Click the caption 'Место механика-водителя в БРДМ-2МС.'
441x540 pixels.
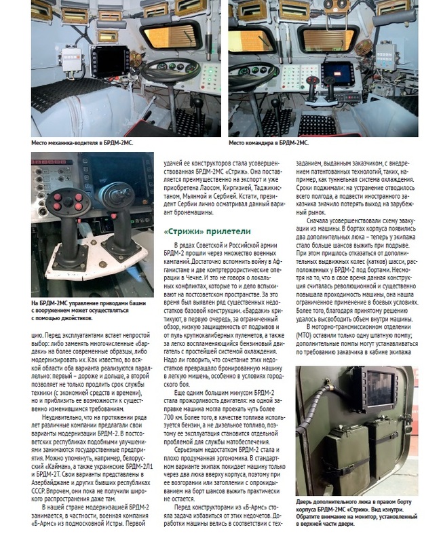83,144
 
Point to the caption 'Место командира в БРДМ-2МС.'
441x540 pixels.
269,144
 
